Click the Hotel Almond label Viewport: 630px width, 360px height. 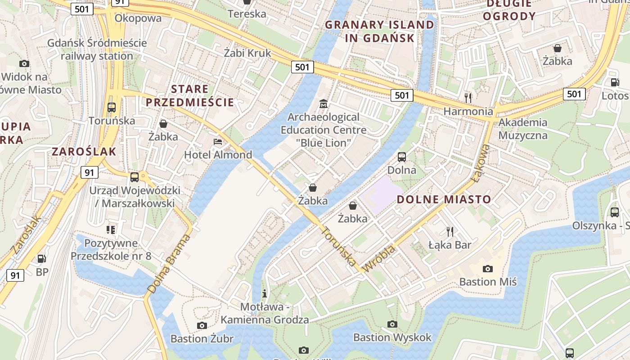218,155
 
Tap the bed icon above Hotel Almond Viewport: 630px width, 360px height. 218,142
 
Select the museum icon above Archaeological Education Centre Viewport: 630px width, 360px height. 323,104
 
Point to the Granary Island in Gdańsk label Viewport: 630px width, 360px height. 379,31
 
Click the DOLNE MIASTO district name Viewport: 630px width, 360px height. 444,199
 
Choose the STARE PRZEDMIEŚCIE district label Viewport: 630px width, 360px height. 190,95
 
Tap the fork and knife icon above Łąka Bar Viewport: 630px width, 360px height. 450,232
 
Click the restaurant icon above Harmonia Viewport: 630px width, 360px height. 468,97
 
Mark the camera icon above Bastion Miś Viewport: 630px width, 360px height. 487,269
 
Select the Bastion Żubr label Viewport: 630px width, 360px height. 202,338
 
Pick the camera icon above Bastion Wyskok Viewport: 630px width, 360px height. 392,324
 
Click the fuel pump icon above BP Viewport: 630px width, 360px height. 42,259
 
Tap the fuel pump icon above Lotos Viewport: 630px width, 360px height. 615,82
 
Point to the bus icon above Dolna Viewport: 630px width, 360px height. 402,157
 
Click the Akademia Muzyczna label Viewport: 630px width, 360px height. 523,129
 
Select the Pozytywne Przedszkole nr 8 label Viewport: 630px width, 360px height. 111,250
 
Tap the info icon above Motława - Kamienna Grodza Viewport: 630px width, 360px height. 265,293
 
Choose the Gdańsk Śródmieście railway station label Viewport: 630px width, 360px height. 97,49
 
